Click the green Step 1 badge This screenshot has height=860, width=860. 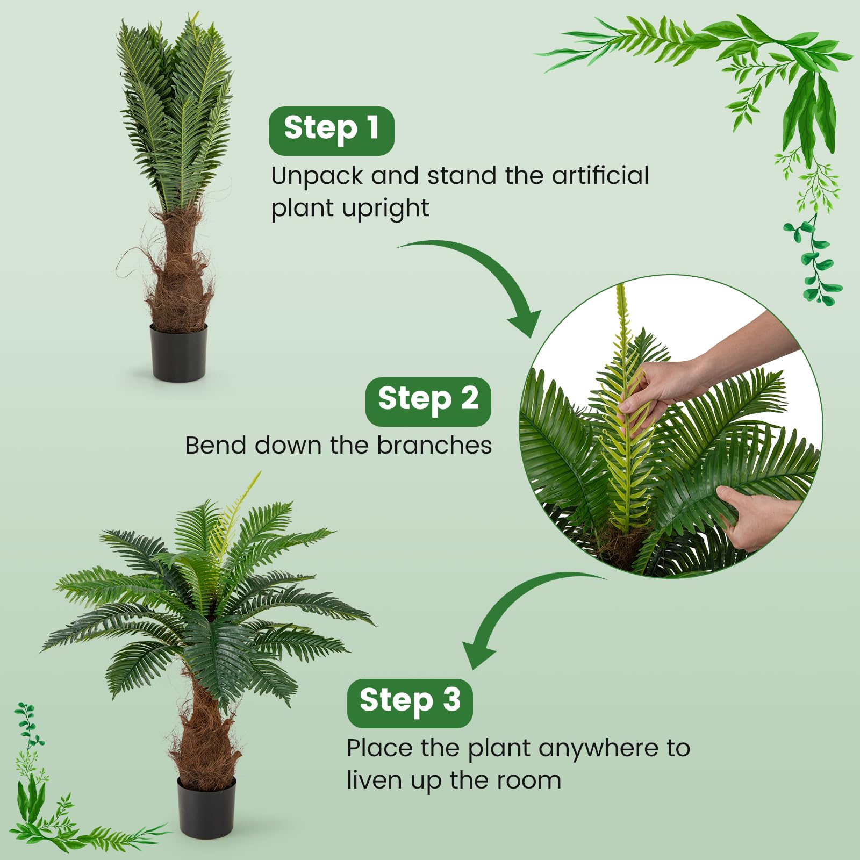[331, 131]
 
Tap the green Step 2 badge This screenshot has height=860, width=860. [428, 402]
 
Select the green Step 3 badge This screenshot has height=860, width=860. [410, 703]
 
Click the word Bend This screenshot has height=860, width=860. [216, 445]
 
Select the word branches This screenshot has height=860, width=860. [434, 445]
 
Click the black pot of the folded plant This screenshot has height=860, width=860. [178, 353]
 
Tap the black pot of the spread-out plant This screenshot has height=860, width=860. [207, 807]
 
